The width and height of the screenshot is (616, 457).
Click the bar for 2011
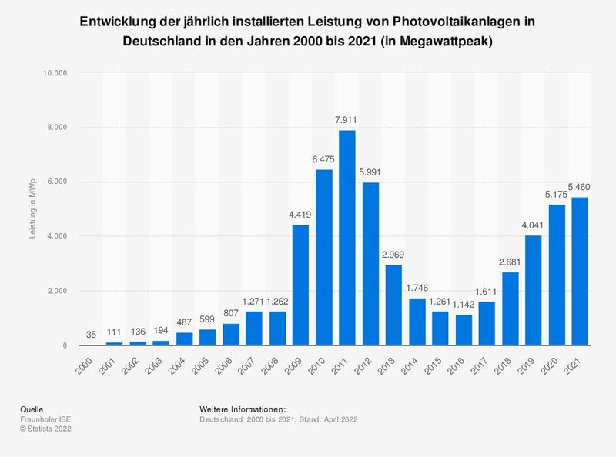(x=347, y=239)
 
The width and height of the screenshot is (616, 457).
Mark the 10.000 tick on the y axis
(x=55, y=73)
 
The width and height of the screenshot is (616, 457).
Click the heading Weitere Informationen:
(x=243, y=409)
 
